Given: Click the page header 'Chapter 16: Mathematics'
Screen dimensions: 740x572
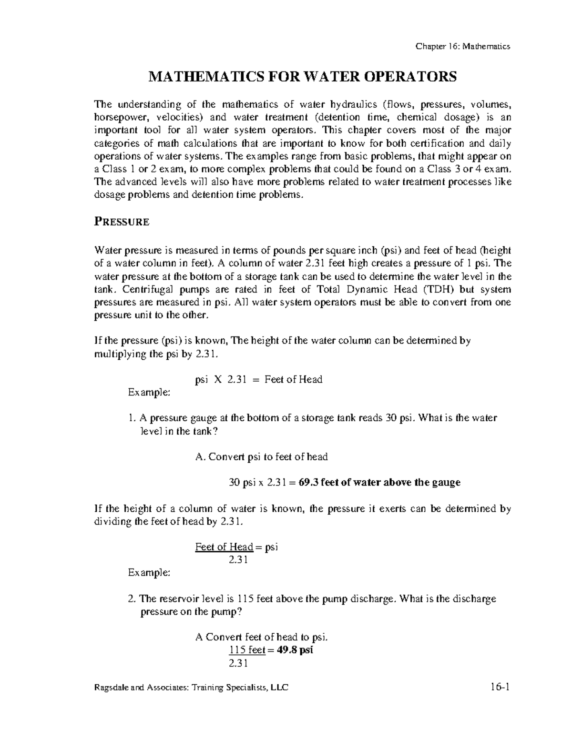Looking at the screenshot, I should (x=463, y=46).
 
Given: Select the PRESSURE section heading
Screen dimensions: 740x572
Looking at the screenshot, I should (x=122, y=222).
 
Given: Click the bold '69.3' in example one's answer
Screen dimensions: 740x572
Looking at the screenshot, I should (x=308, y=482).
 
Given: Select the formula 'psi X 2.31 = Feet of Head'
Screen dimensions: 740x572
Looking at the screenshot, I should (x=259, y=379).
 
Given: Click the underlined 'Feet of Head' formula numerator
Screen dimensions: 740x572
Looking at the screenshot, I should (x=224, y=547).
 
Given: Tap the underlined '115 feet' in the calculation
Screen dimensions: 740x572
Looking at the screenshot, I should (x=247, y=650).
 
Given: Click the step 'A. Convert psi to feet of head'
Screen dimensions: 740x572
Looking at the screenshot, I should (x=262, y=456).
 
